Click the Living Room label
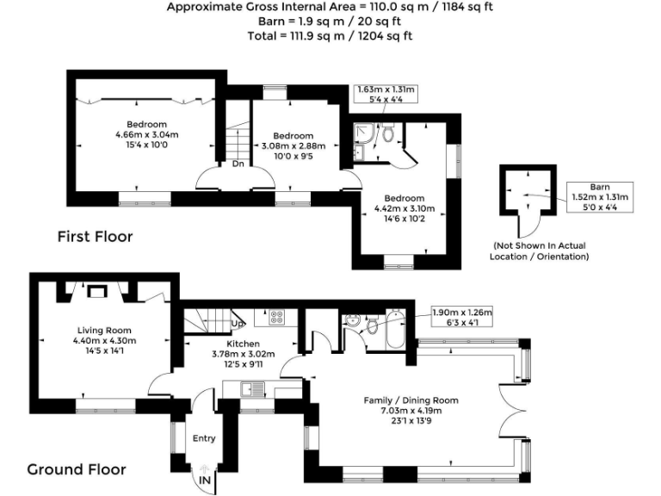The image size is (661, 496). [104, 331]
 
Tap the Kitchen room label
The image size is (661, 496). [244, 344]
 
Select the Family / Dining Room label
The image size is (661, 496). [411, 400]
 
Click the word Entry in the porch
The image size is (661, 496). [204, 438]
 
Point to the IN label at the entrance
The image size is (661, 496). [205, 480]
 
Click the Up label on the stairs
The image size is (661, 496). [237, 324]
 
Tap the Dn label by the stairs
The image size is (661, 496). [238, 164]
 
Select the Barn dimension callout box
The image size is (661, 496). [600, 197]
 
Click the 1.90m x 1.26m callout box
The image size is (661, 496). [462, 317]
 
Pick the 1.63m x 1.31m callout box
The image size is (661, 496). [386, 94]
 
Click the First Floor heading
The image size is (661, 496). [96, 236]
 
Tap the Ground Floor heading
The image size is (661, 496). [77, 469]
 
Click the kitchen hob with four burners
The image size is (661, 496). [276, 317]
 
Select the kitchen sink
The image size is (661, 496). [252, 389]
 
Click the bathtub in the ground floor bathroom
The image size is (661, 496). [395, 330]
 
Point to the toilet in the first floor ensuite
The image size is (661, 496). [388, 132]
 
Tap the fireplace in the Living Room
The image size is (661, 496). [97, 291]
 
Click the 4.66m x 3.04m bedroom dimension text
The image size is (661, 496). [146, 135]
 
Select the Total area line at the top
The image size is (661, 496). [330, 36]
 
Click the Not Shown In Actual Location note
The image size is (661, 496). [540, 251]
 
